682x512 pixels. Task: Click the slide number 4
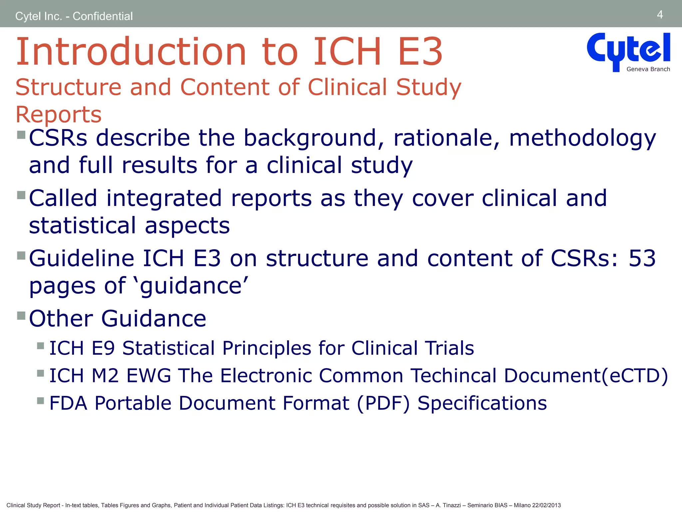point(660,15)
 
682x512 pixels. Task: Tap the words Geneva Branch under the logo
point(648,69)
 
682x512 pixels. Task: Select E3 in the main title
point(420,52)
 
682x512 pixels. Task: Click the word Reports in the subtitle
point(59,114)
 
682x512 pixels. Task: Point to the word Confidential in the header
point(103,16)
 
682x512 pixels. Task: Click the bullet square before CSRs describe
point(21,135)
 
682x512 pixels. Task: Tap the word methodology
point(582,138)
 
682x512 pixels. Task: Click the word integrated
point(164,198)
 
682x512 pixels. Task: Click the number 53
point(642,258)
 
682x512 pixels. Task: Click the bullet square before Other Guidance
point(21,315)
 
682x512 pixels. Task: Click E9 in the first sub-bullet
point(103,348)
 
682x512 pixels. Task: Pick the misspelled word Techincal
point(453,376)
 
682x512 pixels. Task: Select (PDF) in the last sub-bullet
point(383,403)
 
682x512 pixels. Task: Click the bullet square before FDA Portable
point(41,400)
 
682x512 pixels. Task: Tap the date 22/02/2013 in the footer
point(546,505)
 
